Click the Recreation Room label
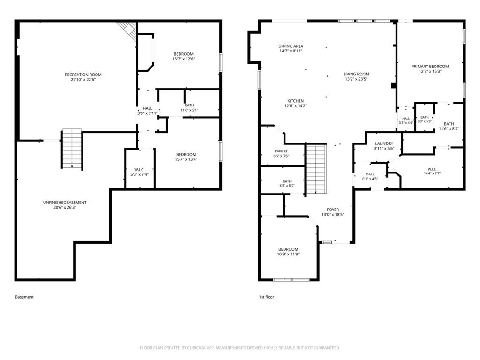(x=83, y=77)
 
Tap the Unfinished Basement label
(x=65, y=205)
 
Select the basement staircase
(x=72, y=149)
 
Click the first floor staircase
(x=316, y=169)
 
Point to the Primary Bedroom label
(x=430, y=69)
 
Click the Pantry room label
(x=281, y=153)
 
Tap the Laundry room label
(x=384, y=146)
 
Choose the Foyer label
(x=333, y=212)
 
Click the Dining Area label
(x=291, y=49)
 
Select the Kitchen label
(x=295, y=104)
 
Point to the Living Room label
(x=356, y=76)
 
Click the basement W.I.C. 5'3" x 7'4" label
(x=139, y=172)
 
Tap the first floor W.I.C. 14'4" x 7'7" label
(x=432, y=171)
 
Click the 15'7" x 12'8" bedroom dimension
(x=184, y=59)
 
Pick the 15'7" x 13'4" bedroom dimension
(x=186, y=159)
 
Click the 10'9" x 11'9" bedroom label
(x=288, y=252)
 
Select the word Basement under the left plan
(x=24, y=297)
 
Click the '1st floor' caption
(x=266, y=297)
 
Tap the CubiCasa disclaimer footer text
(x=240, y=348)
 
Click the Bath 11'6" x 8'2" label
(x=449, y=126)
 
